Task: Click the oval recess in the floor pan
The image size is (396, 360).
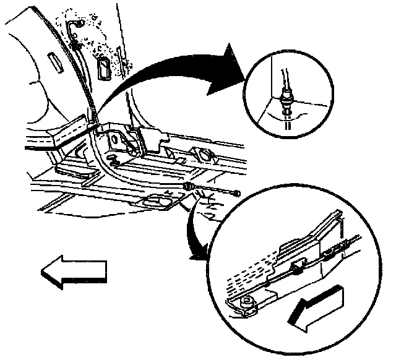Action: [154, 201]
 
